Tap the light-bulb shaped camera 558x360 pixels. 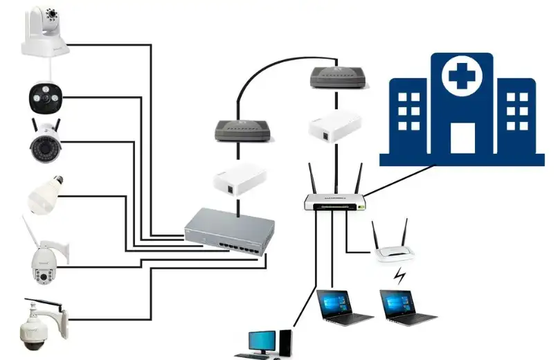coord(44,192)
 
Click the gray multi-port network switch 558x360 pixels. coord(228,233)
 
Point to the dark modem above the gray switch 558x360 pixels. coord(239,130)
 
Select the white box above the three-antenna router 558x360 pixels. coord(335,126)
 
